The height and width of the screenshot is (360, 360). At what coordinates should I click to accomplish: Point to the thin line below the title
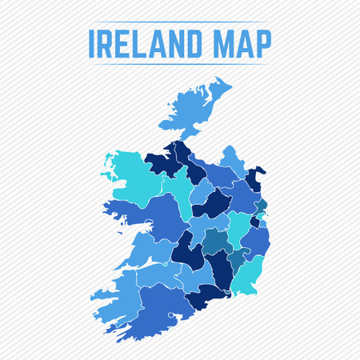[x=180, y=65]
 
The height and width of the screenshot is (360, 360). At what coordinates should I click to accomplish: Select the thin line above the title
[x=180, y=22]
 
